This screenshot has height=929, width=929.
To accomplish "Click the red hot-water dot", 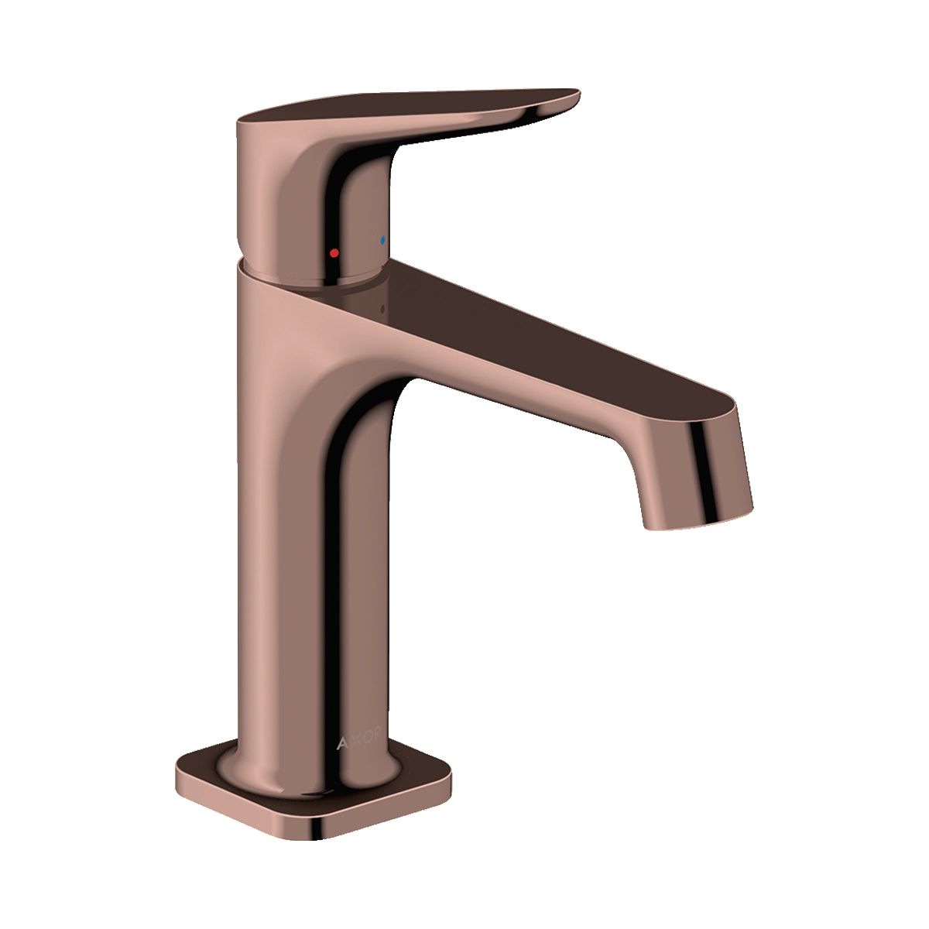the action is coord(334,252).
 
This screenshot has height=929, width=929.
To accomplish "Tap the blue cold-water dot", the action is coord(382,239).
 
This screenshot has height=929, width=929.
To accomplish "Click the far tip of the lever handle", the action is coord(579,94).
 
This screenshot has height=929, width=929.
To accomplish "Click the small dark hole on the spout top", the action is coord(382,307).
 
